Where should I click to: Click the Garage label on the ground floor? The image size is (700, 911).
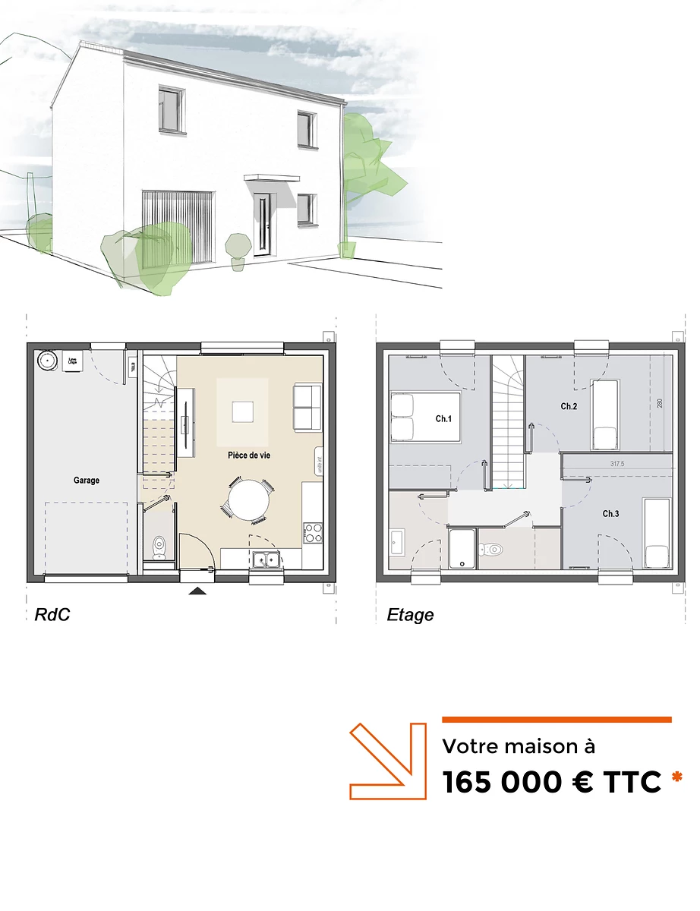pyautogui.click(x=87, y=480)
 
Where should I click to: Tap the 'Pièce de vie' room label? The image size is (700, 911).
pyautogui.click(x=249, y=455)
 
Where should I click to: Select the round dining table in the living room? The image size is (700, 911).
pyautogui.click(x=248, y=501)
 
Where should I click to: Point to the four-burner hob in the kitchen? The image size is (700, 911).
pyautogui.click(x=312, y=531)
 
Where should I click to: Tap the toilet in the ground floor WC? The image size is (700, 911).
pyautogui.click(x=159, y=544)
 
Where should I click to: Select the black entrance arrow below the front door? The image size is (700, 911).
pyautogui.click(x=197, y=591)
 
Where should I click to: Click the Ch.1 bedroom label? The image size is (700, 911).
pyautogui.click(x=443, y=419)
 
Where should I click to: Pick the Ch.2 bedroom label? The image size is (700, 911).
pyautogui.click(x=569, y=407)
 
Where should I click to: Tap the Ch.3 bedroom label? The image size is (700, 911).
pyautogui.click(x=611, y=514)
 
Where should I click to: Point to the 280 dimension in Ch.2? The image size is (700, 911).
pyautogui.click(x=660, y=402)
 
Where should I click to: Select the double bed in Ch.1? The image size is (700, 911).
pyautogui.click(x=425, y=417)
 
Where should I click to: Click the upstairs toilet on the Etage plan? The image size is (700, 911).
pyautogui.click(x=494, y=547)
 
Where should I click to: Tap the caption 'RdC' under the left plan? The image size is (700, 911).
pyautogui.click(x=52, y=615)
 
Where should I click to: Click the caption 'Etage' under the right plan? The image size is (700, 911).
pyautogui.click(x=410, y=615)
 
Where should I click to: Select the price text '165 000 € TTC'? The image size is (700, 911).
pyautogui.click(x=551, y=783)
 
